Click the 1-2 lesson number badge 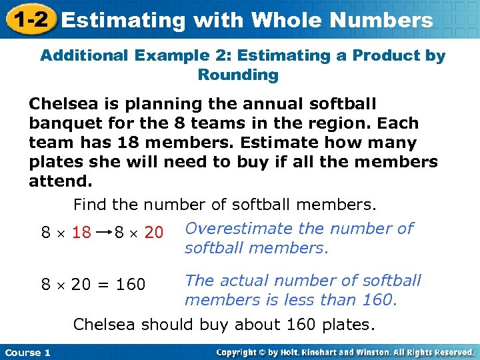click(x=28, y=19)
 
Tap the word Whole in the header click(x=287, y=20)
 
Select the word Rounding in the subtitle click(x=238, y=75)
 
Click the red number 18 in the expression click(x=81, y=232)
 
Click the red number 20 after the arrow click(x=154, y=232)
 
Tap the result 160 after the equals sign click(x=131, y=285)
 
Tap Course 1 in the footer click(x=27, y=352)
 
